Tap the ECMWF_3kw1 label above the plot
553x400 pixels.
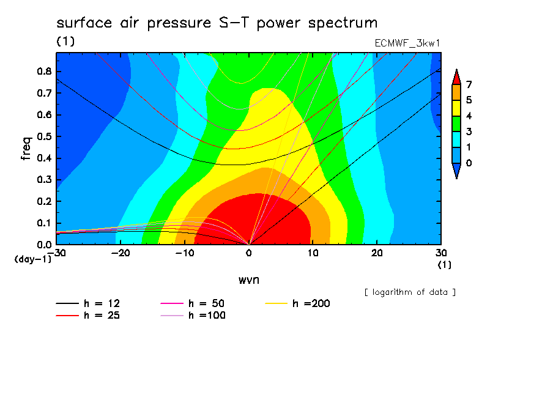coord(407,43)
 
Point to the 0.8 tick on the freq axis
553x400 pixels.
coord(45,71)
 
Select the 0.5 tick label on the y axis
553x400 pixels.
coord(45,136)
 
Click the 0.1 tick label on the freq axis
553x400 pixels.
coord(45,223)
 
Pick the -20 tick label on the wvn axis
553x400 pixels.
coord(121,253)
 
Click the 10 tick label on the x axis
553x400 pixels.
coord(313,253)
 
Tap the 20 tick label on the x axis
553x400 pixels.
coord(377,253)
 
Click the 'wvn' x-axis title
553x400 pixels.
coord(249,280)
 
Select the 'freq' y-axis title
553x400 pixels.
coord(26,149)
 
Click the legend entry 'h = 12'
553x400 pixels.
coord(88,303)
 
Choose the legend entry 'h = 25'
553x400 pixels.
coord(88,316)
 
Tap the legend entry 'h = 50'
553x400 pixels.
coord(193,303)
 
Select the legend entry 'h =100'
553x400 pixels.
coord(193,316)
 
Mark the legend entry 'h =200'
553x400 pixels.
coord(298,303)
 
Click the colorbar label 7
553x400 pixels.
coord(469,84)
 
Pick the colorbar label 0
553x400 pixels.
coord(469,163)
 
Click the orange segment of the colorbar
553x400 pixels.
coord(456,92)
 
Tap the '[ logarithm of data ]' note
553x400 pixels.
coord(410,292)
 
